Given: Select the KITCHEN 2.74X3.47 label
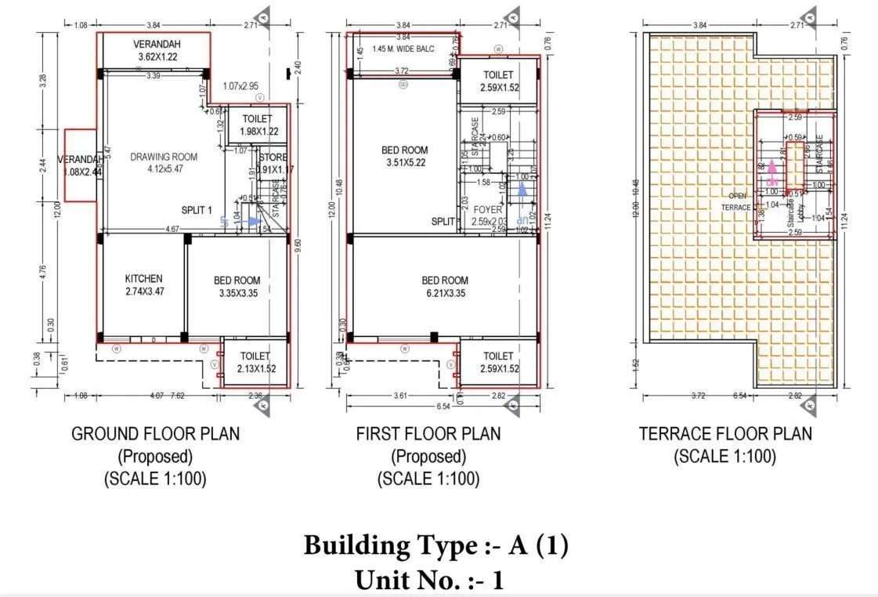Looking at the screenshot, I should [144, 285].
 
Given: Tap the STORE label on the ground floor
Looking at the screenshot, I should [273, 157].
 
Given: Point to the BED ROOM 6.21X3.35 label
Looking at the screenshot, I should [445, 287].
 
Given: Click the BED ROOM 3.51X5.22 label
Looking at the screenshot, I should [404, 157].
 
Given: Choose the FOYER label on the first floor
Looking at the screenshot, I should [488, 211].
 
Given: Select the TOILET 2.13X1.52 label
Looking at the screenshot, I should [255, 362].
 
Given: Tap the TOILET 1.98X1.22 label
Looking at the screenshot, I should [258, 125].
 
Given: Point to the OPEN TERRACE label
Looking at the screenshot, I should [737, 201].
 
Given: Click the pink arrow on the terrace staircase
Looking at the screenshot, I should [771, 168].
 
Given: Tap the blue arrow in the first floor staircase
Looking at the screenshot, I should [522, 190].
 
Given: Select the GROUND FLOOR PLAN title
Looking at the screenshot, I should [155, 433].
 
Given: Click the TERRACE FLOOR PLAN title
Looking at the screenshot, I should [725, 433].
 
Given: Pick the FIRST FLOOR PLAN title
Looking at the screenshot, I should [428, 433].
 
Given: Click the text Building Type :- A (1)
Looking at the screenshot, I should [435, 545].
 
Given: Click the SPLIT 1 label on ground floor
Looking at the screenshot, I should [197, 211].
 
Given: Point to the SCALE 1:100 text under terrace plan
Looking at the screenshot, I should [725, 457].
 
